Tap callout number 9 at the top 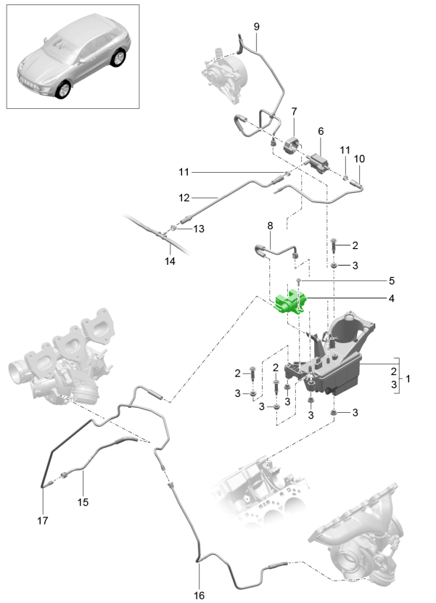(x=255, y=27)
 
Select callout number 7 (x=295, y=112)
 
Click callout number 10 (x=358, y=158)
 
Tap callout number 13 (x=197, y=229)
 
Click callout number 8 (x=271, y=226)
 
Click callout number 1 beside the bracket (x=408, y=379)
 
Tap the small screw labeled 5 (x=298, y=280)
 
